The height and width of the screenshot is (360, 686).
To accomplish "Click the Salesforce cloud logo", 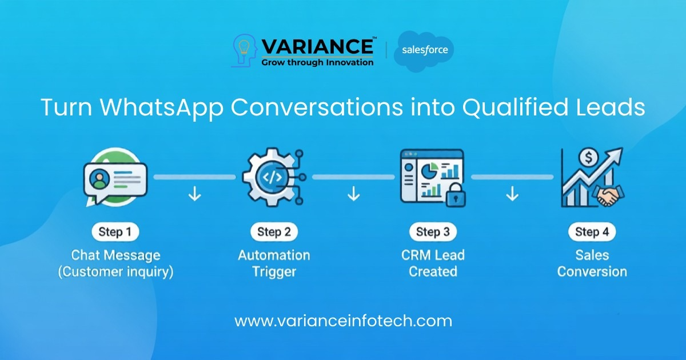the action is click(424, 51).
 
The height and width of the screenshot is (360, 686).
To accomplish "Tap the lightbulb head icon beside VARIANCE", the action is click(245, 50).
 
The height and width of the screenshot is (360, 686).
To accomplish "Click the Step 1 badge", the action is click(115, 232).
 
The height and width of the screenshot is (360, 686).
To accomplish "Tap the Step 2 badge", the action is click(274, 232).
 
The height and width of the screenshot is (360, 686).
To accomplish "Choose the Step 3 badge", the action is click(433, 232).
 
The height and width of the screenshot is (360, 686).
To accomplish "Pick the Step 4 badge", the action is click(592, 232).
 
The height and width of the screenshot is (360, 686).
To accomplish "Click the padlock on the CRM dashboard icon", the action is click(456, 195).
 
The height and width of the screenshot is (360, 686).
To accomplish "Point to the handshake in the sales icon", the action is click(608, 195).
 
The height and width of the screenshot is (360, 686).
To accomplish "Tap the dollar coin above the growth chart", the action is click(588, 157).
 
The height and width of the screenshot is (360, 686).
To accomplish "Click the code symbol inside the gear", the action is click(272, 177).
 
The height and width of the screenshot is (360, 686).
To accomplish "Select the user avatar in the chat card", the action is click(99, 179).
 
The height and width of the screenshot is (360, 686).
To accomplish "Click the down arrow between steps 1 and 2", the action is click(195, 194).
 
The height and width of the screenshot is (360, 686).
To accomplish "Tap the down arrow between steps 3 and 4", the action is click(512, 194).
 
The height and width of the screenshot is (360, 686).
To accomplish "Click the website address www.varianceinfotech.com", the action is click(344, 321).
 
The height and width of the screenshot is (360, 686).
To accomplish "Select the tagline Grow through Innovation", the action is click(317, 62).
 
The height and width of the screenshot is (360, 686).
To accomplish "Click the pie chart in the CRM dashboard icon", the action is click(429, 170).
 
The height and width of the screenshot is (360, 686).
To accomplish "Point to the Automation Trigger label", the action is click(274, 263).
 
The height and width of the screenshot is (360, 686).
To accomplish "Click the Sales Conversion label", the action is click(592, 263).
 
